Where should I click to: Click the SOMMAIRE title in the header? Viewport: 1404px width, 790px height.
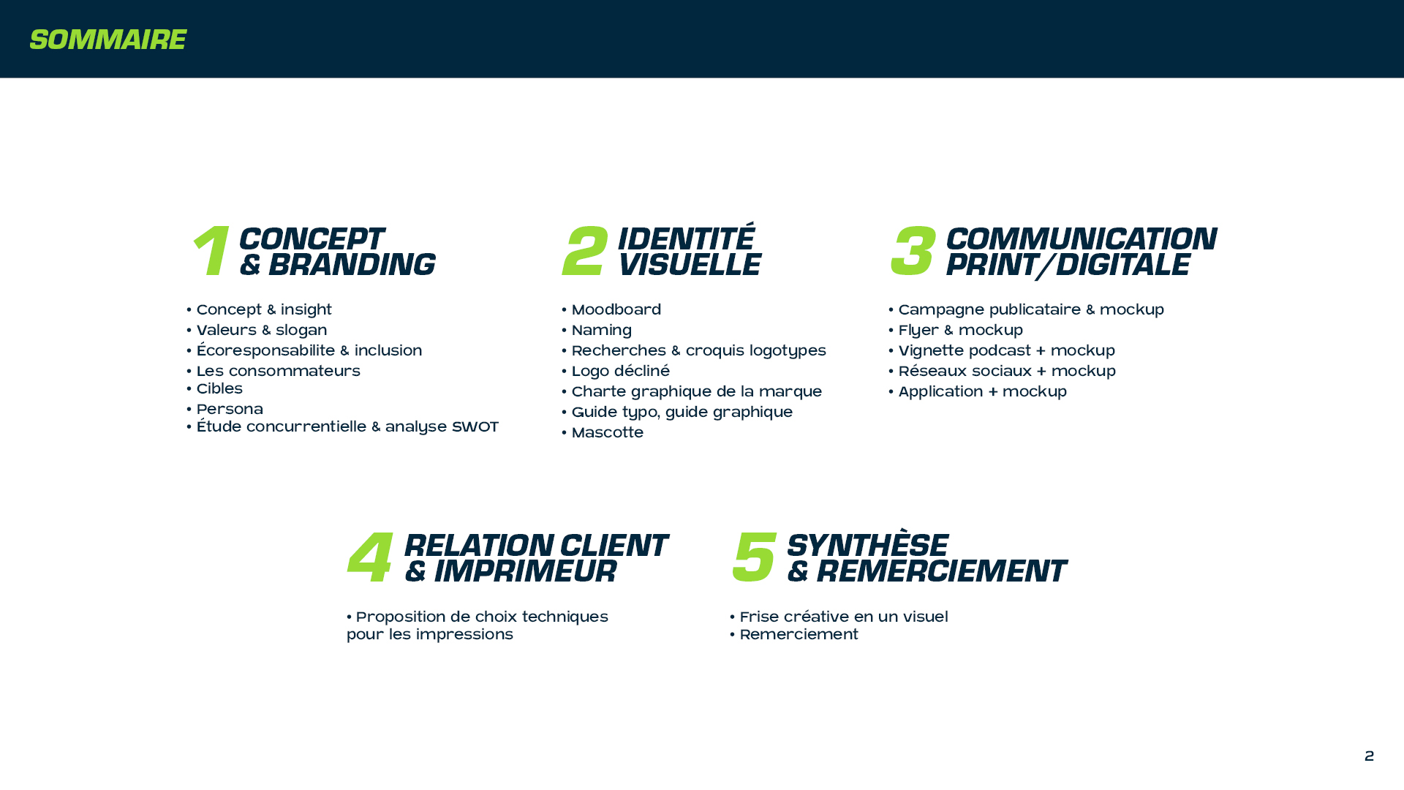tap(107, 39)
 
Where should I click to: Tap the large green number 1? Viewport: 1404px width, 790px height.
tap(211, 251)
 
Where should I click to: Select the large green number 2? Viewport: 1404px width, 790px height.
tap(585, 251)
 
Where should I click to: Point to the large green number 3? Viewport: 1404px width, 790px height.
tap(913, 251)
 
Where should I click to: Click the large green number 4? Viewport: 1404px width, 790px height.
tap(370, 557)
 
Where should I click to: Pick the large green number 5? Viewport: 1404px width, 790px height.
tap(754, 557)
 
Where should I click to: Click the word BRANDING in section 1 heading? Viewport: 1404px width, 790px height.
tap(352, 265)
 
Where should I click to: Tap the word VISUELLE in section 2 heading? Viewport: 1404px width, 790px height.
tap(690, 265)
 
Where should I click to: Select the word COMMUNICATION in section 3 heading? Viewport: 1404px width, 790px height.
tap(1082, 239)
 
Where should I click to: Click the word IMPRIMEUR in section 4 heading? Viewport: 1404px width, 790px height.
tap(525, 571)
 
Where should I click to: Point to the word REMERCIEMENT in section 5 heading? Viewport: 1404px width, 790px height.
tap(941, 571)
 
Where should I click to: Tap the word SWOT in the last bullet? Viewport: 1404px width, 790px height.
tap(475, 427)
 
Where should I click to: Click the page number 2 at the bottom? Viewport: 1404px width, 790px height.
tap(1370, 756)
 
